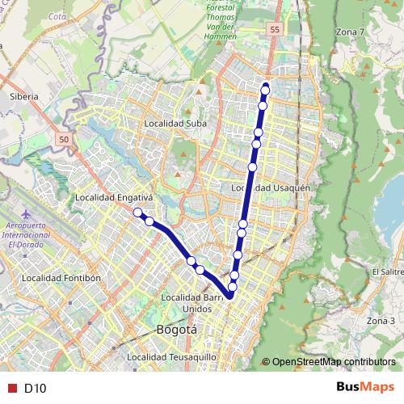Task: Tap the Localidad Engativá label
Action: pyautogui.click(x=113, y=197)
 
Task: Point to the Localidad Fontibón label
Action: pyautogui.click(x=61, y=278)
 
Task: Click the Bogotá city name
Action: pyautogui.click(x=176, y=330)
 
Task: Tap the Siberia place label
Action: pyautogui.click(x=24, y=96)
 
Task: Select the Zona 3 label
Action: pyautogui.click(x=380, y=321)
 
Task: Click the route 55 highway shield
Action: pyautogui.click(x=275, y=29)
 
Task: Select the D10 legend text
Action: pyautogui.click(x=35, y=388)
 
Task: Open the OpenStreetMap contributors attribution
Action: pyautogui.click(x=334, y=361)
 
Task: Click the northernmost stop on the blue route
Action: pyautogui.click(x=265, y=88)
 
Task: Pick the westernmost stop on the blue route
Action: pyautogui.click(x=137, y=213)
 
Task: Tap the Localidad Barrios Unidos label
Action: pyautogui.click(x=191, y=302)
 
